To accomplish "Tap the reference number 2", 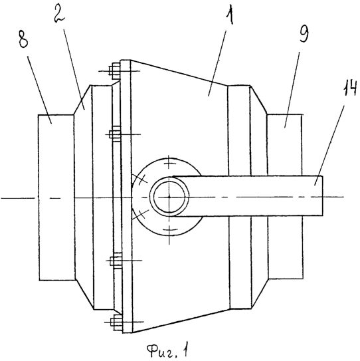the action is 60,14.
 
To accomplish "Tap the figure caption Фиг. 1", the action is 167,350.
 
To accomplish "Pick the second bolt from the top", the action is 115,134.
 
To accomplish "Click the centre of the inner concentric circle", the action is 169,197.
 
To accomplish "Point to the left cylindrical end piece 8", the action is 56,197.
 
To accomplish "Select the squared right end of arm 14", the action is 322,196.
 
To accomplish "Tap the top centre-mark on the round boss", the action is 169,164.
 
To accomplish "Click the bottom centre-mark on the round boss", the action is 169,230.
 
